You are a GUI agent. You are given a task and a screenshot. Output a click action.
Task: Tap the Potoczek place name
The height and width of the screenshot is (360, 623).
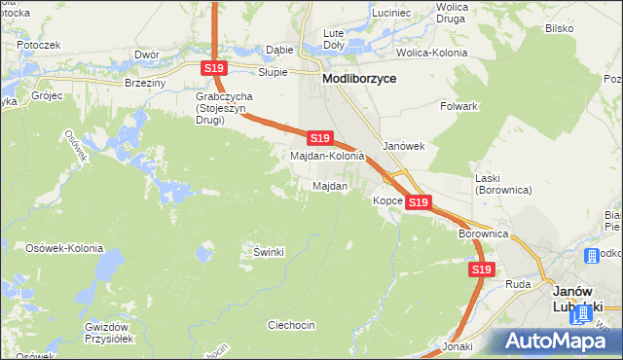click(39, 45)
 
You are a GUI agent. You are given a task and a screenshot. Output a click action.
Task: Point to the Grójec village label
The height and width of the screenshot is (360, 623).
click(45, 96)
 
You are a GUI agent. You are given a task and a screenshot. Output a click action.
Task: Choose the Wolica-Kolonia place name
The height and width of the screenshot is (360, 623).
click(427, 51)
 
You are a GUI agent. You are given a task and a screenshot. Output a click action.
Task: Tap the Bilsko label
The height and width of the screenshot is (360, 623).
click(559, 28)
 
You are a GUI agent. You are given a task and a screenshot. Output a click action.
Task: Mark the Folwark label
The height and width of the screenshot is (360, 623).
click(458, 105)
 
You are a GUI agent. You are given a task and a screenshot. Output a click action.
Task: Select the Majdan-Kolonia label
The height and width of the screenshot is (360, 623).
click(328, 156)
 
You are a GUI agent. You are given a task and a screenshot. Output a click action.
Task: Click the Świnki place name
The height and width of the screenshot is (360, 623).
click(268, 252)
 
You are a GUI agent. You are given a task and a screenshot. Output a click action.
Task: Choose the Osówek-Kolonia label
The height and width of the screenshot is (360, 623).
click(64, 248)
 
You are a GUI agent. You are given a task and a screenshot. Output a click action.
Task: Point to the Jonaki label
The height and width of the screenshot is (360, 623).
click(456, 346)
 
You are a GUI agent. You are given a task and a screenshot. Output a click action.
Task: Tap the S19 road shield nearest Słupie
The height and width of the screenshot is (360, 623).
click(215, 67)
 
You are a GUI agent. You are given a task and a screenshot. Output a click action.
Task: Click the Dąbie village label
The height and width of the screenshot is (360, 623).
click(279, 50)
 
